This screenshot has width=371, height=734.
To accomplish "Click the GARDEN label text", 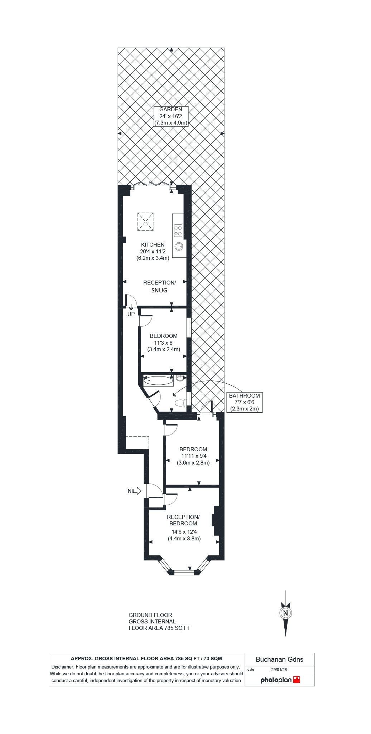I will point(171,110).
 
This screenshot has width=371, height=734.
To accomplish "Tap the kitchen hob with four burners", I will point(178,230).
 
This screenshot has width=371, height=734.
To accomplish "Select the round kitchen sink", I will point(179,246).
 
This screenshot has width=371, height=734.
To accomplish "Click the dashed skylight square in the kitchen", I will point(146,222).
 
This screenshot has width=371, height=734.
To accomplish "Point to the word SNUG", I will point(159,291).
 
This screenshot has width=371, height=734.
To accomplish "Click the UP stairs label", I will point(131,314).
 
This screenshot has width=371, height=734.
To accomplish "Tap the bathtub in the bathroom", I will point(158,381).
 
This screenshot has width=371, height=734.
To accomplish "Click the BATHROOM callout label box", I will point(245,402).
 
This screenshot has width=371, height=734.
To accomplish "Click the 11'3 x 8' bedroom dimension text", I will point(164,343).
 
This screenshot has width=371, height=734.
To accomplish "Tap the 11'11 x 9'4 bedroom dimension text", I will point(194,456).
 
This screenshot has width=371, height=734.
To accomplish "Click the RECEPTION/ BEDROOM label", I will point(183,520).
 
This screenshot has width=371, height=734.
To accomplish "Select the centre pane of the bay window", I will point(184,572).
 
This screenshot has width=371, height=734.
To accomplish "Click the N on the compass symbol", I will point(285,613).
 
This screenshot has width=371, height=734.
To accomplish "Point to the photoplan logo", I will point(280,680).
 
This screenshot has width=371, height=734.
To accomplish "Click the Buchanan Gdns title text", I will point(279,660).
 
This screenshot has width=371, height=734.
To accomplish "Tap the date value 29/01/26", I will point(279,670).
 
